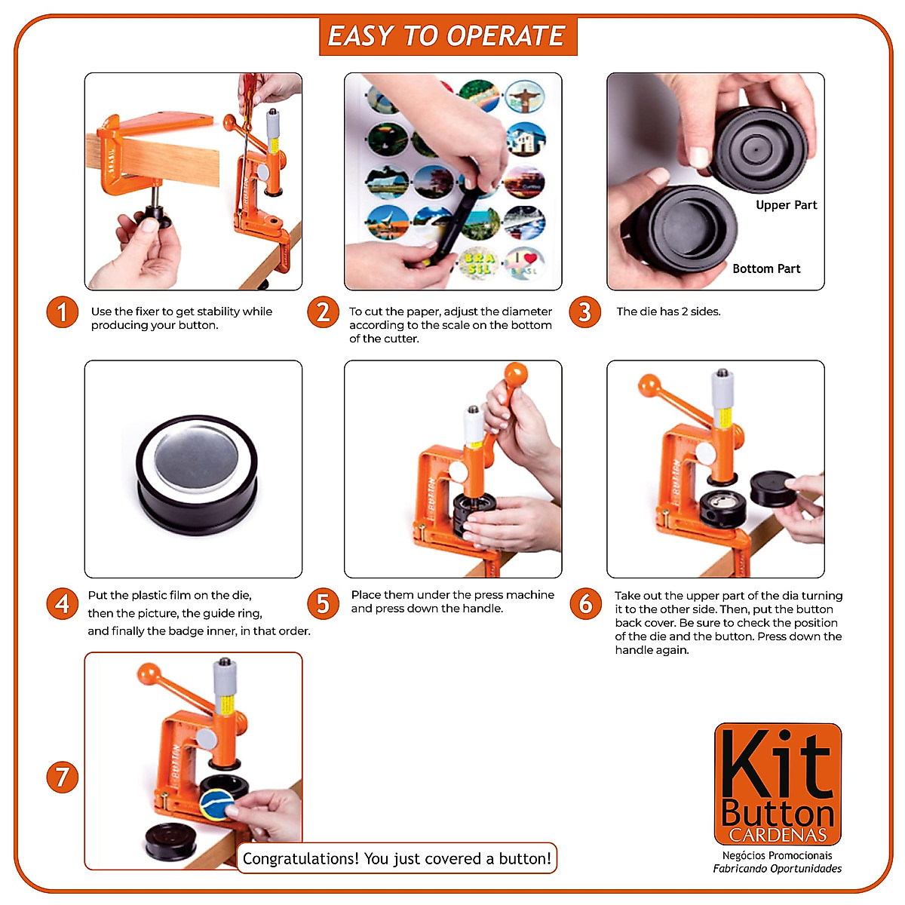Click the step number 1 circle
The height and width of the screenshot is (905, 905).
[62, 311]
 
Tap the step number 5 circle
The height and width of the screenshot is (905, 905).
[323, 603]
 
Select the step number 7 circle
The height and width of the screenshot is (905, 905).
[62, 778]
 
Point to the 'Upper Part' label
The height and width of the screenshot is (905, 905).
[786, 205]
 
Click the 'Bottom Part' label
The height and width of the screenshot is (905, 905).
[766, 268]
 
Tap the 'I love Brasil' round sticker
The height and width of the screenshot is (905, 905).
[524, 264]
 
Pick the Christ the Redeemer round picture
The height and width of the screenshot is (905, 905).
[525, 97]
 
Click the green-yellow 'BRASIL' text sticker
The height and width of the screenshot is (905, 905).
[478, 264]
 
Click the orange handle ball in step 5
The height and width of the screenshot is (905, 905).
[516, 375]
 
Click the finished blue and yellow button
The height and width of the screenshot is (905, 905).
[217, 805]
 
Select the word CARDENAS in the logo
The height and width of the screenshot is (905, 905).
[778, 835]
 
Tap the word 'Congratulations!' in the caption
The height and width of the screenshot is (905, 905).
[301, 858]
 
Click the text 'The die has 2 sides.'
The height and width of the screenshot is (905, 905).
[668, 311]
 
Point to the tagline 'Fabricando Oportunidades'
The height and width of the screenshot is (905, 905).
[778, 868]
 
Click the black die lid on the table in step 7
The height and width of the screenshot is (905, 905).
[170, 843]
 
